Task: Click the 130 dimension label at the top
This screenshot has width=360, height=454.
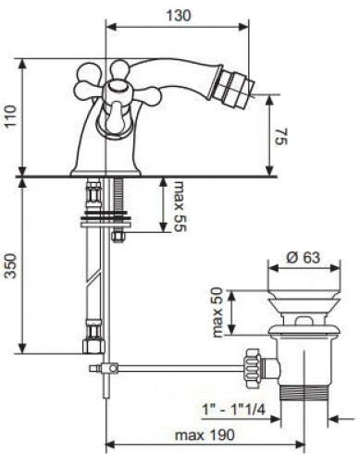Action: (x=179, y=16)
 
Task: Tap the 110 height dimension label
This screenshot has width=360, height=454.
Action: (x=11, y=117)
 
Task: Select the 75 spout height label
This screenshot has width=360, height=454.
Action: (x=280, y=138)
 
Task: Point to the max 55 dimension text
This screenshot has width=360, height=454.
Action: (x=180, y=206)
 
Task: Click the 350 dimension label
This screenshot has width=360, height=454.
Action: (x=11, y=265)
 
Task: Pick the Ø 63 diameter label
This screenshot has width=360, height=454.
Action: (x=304, y=257)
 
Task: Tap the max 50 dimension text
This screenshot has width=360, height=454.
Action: (x=217, y=313)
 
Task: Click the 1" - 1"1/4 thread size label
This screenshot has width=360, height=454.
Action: (x=233, y=410)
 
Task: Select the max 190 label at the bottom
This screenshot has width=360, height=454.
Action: (x=205, y=436)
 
